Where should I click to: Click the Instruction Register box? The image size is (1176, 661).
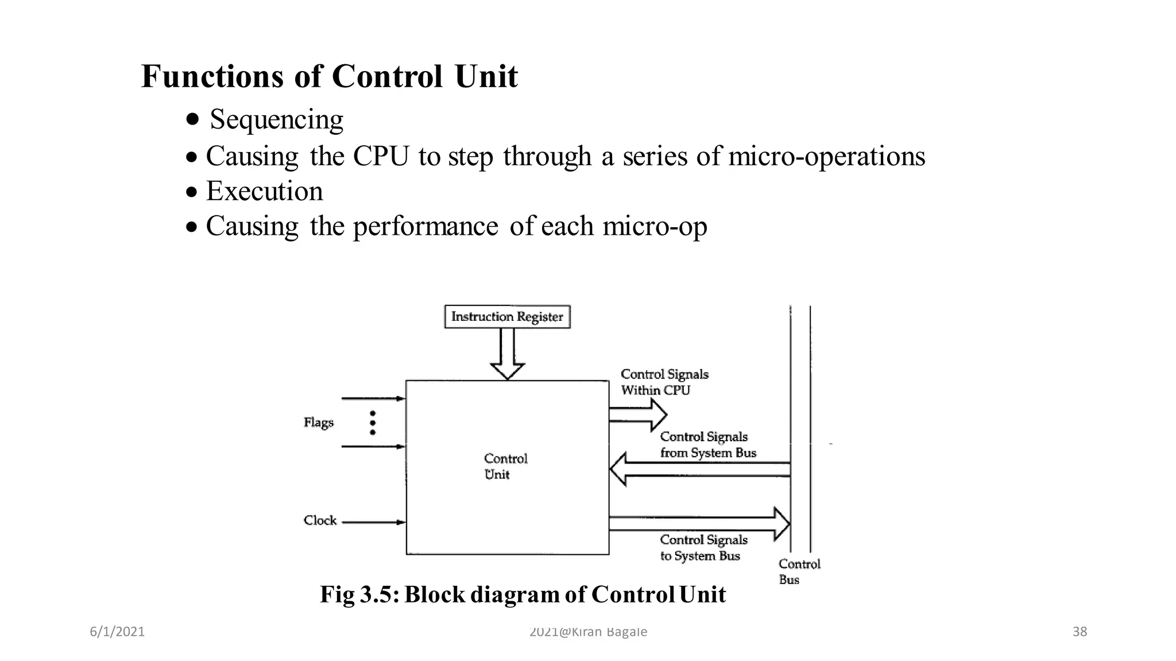[507, 317]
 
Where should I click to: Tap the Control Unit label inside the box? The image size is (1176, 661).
[505, 466]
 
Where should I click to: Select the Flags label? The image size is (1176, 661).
[318, 423]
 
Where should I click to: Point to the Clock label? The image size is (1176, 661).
[320, 520]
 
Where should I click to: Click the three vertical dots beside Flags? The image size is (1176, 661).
[373, 423]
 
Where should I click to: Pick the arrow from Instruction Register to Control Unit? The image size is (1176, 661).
[507, 353]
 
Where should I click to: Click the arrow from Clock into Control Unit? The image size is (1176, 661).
[373, 522]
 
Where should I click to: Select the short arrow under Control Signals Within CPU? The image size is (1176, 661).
[637, 414]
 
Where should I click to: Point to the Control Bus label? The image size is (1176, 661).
[799, 571]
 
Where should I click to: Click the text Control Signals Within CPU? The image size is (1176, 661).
[664, 382]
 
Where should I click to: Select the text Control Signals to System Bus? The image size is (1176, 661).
[703, 547]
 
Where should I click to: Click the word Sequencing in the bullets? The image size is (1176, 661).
[276, 119]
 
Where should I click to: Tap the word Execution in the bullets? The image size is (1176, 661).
[264, 191]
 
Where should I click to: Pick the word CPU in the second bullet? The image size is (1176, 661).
[381, 156]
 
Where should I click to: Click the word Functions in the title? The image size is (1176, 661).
[212, 76]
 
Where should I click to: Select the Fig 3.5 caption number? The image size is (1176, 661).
[379, 594]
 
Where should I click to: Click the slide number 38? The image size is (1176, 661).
[1080, 632]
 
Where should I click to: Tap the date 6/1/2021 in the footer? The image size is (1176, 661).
[117, 632]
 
